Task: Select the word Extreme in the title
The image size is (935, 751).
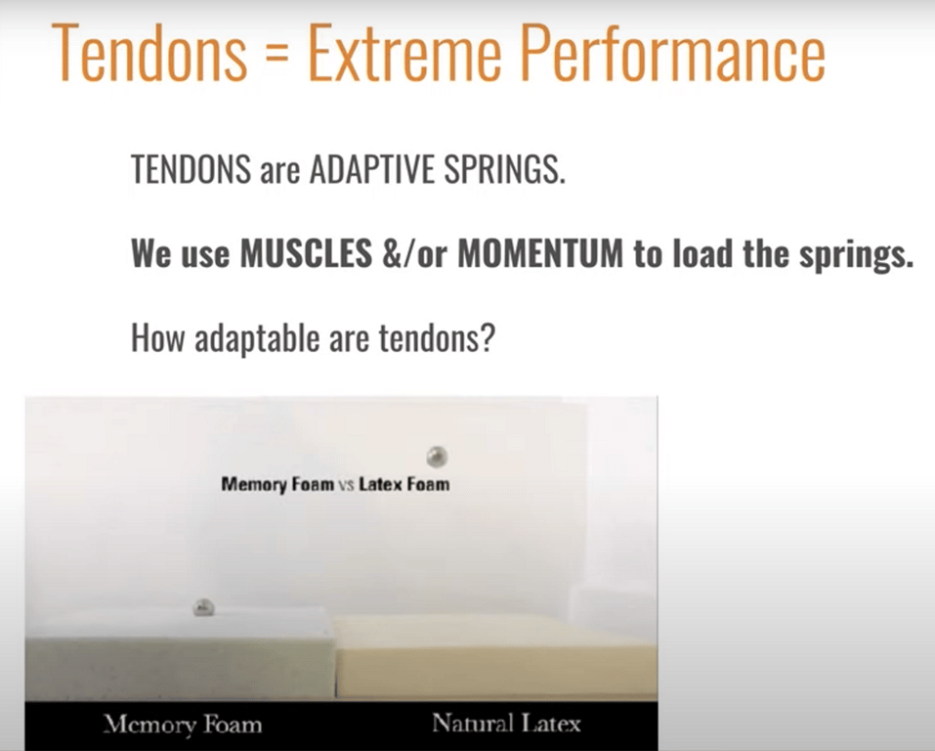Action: [x=404, y=53]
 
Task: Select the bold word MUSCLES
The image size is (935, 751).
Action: [x=307, y=253]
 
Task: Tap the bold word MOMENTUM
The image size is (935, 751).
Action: [x=540, y=253]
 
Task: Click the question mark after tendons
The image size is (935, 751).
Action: [x=488, y=338]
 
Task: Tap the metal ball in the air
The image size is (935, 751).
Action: [x=438, y=457]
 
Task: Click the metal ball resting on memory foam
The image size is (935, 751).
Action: [x=203, y=608]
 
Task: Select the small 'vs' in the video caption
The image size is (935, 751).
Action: [x=347, y=485]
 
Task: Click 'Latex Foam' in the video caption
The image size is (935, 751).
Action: [x=404, y=484]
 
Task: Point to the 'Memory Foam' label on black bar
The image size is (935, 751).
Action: [x=183, y=725]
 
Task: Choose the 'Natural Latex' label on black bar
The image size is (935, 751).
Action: [x=506, y=724]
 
